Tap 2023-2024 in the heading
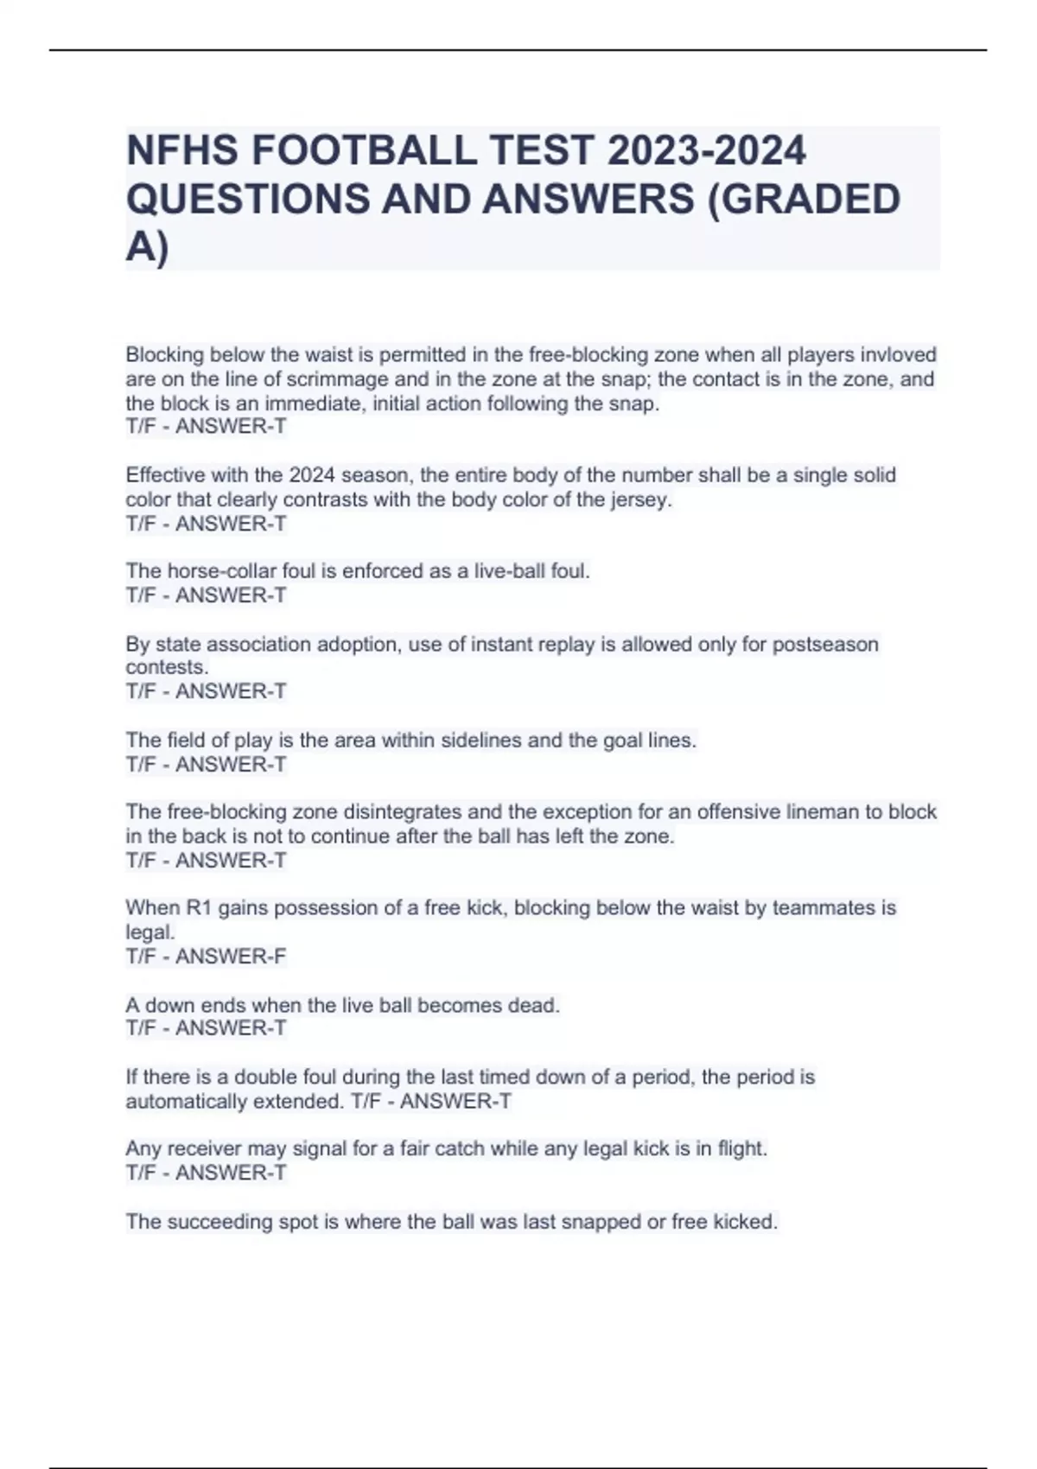tap(707, 151)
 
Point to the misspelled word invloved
tap(897, 355)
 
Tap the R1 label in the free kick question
tap(199, 908)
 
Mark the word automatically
tap(186, 1102)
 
